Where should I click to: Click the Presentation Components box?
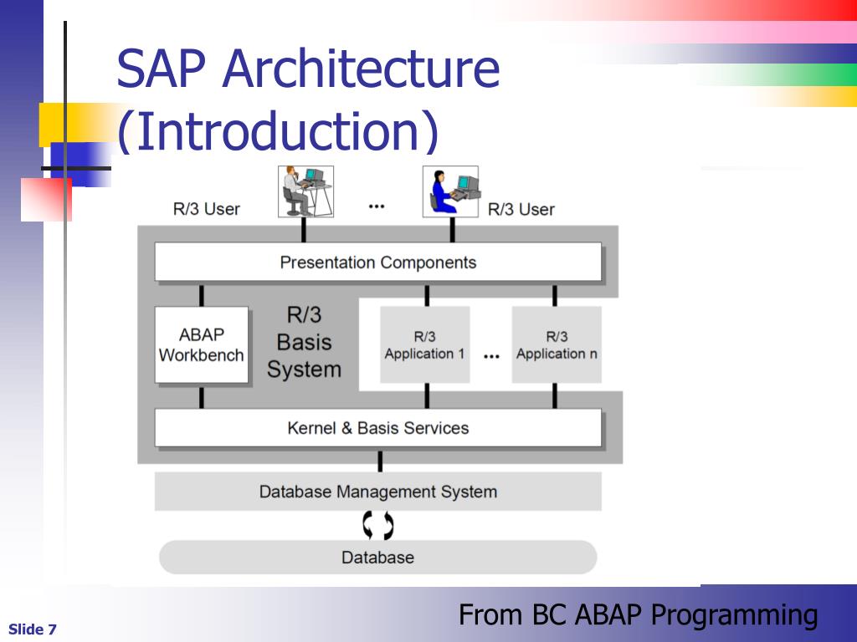pyautogui.click(x=377, y=262)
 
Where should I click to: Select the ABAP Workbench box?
pyautogui.click(x=202, y=344)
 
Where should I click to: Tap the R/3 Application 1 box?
pyautogui.click(x=425, y=344)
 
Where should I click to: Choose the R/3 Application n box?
pyautogui.click(x=557, y=344)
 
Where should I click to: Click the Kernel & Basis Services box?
pyautogui.click(x=377, y=428)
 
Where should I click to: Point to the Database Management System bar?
pyautogui.click(x=377, y=492)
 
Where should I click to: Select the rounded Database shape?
pyautogui.click(x=377, y=557)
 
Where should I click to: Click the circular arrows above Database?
pyautogui.click(x=377, y=525)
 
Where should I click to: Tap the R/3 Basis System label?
pyautogui.click(x=304, y=342)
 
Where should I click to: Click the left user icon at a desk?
pyautogui.click(x=305, y=191)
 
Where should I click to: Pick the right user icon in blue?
pyautogui.click(x=450, y=191)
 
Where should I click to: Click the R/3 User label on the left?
pyautogui.click(x=207, y=209)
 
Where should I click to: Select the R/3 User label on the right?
pyautogui.click(x=521, y=209)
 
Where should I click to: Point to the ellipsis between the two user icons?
pyautogui.click(x=377, y=206)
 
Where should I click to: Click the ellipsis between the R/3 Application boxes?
pyautogui.click(x=491, y=356)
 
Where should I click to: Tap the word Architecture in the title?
pyautogui.click(x=361, y=69)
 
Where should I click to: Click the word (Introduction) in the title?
pyautogui.click(x=277, y=132)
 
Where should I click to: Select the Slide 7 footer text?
pyautogui.click(x=33, y=629)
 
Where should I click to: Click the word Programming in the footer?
pyautogui.click(x=734, y=615)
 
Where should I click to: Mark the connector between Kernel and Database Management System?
pyautogui.click(x=380, y=461)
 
